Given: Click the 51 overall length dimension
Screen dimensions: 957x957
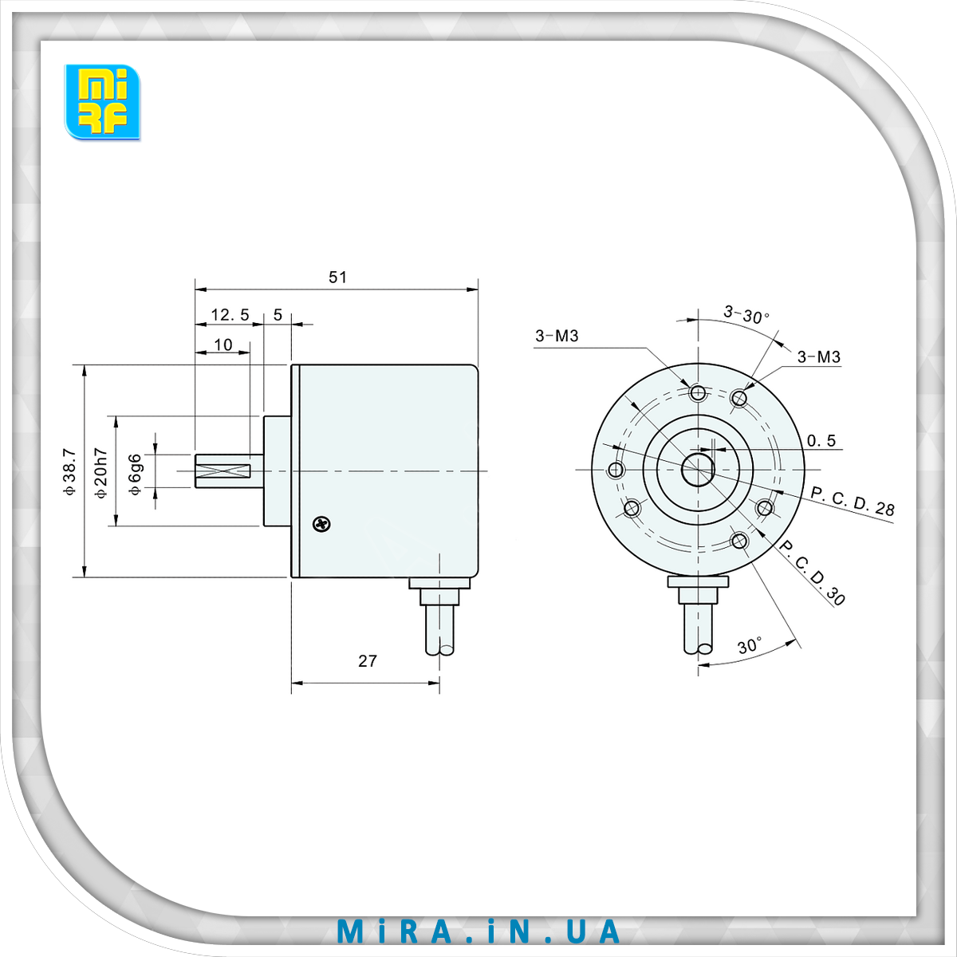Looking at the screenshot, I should tap(338, 277).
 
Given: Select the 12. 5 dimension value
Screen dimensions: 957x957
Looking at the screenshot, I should tap(230, 315).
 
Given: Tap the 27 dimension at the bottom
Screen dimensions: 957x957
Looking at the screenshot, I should tap(367, 660).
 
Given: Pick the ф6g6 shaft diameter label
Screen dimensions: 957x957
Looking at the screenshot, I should tap(136, 474).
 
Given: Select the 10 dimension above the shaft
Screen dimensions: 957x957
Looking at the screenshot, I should tap(223, 345).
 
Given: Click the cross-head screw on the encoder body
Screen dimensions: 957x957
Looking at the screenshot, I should tap(321, 524).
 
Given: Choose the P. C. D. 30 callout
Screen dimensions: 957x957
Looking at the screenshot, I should tap(811, 573).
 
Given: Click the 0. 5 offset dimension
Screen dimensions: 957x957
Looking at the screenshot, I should tap(821, 440).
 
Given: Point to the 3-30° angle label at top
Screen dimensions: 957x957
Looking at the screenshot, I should tap(746, 313).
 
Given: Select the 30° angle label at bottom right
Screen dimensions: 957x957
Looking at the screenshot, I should tap(749, 646).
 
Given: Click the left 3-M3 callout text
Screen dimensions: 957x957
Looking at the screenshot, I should tap(557, 336).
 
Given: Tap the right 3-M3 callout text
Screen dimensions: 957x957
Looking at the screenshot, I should tap(819, 356).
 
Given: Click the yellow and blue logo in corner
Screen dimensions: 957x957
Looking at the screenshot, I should tap(102, 102).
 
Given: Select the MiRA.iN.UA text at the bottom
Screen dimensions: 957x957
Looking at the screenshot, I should tap(478, 931).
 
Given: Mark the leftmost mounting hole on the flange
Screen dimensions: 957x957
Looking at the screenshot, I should tap(615, 468).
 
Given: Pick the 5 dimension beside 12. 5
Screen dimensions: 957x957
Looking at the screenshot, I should tap(278, 315).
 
